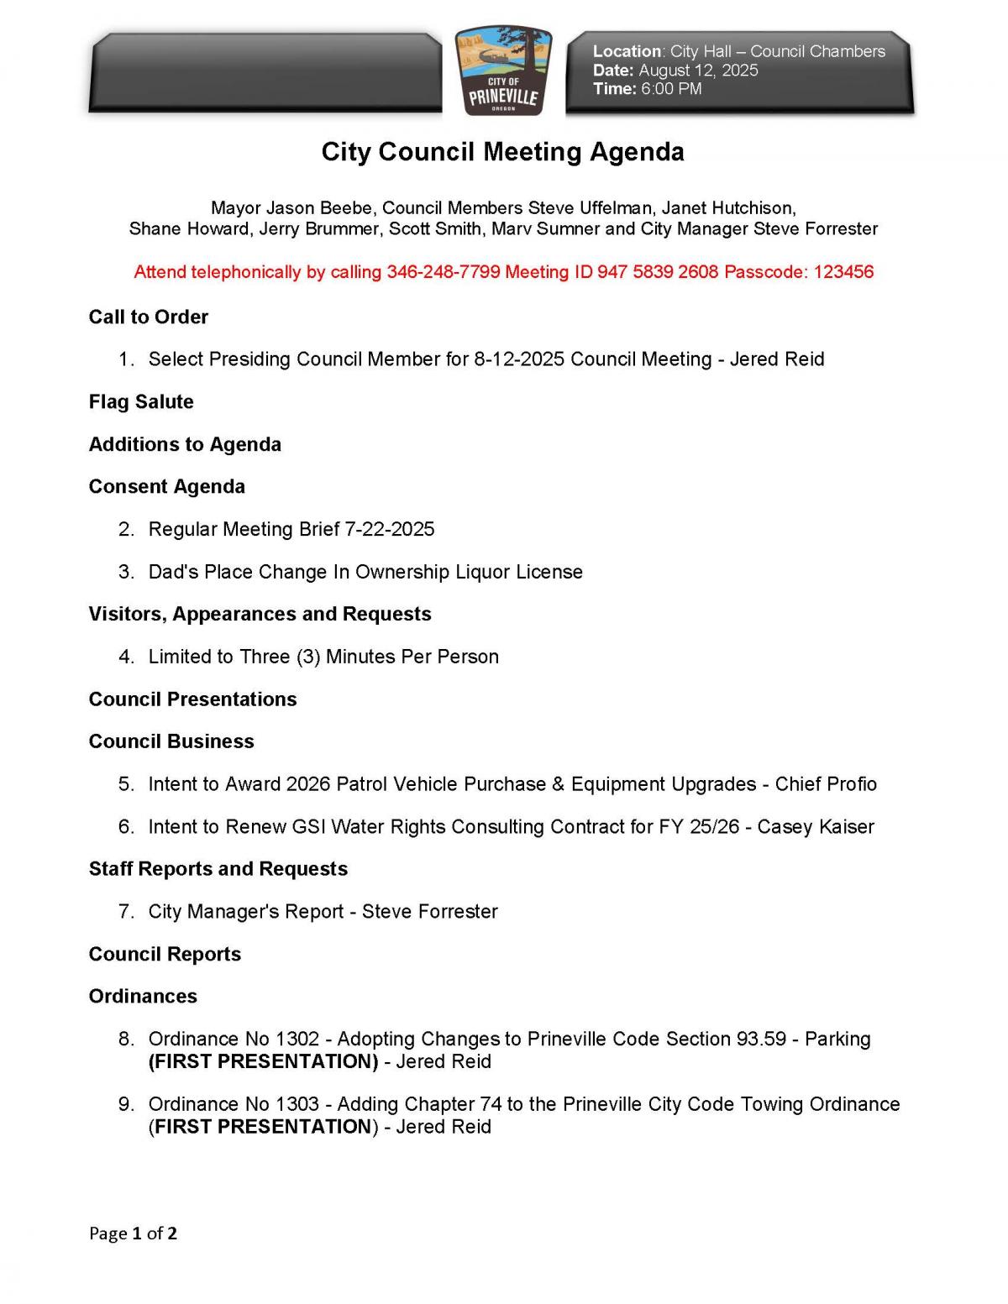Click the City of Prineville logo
(x=503, y=71)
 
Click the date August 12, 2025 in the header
(x=698, y=71)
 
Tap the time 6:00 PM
(x=671, y=89)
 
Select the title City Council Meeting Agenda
(x=502, y=152)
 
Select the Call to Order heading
(x=149, y=317)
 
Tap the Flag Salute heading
(x=141, y=402)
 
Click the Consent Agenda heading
(x=167, y=487)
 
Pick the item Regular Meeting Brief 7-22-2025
(x=291, y=530)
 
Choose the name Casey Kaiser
(x=816, y=827)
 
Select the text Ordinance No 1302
(x=234, y=1040)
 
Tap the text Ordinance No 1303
(x=234, y=1104)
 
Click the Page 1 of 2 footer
(x=133, y=1233)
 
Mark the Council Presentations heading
(x=193, y=699)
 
